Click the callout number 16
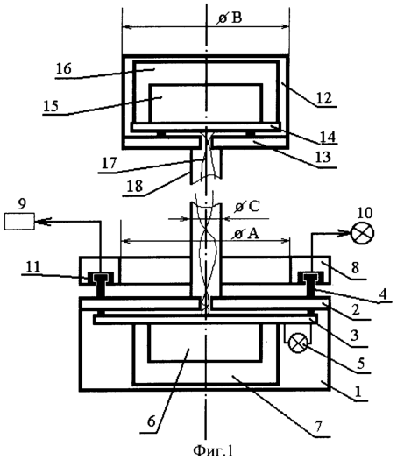tap(64, 69)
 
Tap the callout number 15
tap(51, 106)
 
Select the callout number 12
tap(324, 97)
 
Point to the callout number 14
tap(328, 137)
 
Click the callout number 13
tap(323, 157)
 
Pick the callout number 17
tap(110, 163)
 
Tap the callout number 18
tap(135, 186)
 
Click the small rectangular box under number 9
tap(19, 221)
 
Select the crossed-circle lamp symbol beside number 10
tap(363, 233)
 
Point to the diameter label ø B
tap(230, 18)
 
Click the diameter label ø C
tap(247, 207)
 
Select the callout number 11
tap(32, 267)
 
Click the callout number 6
tap(151, 421)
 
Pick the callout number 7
tap(319, 426)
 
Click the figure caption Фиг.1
tap(213, 450)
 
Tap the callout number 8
tap(355, 268)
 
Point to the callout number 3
tap(354, 336)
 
